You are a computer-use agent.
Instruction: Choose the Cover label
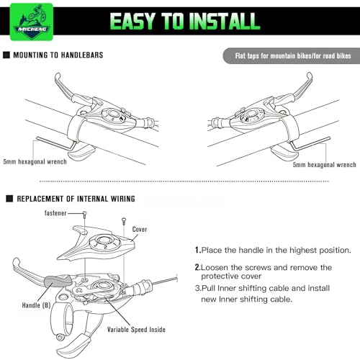[140, 229]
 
